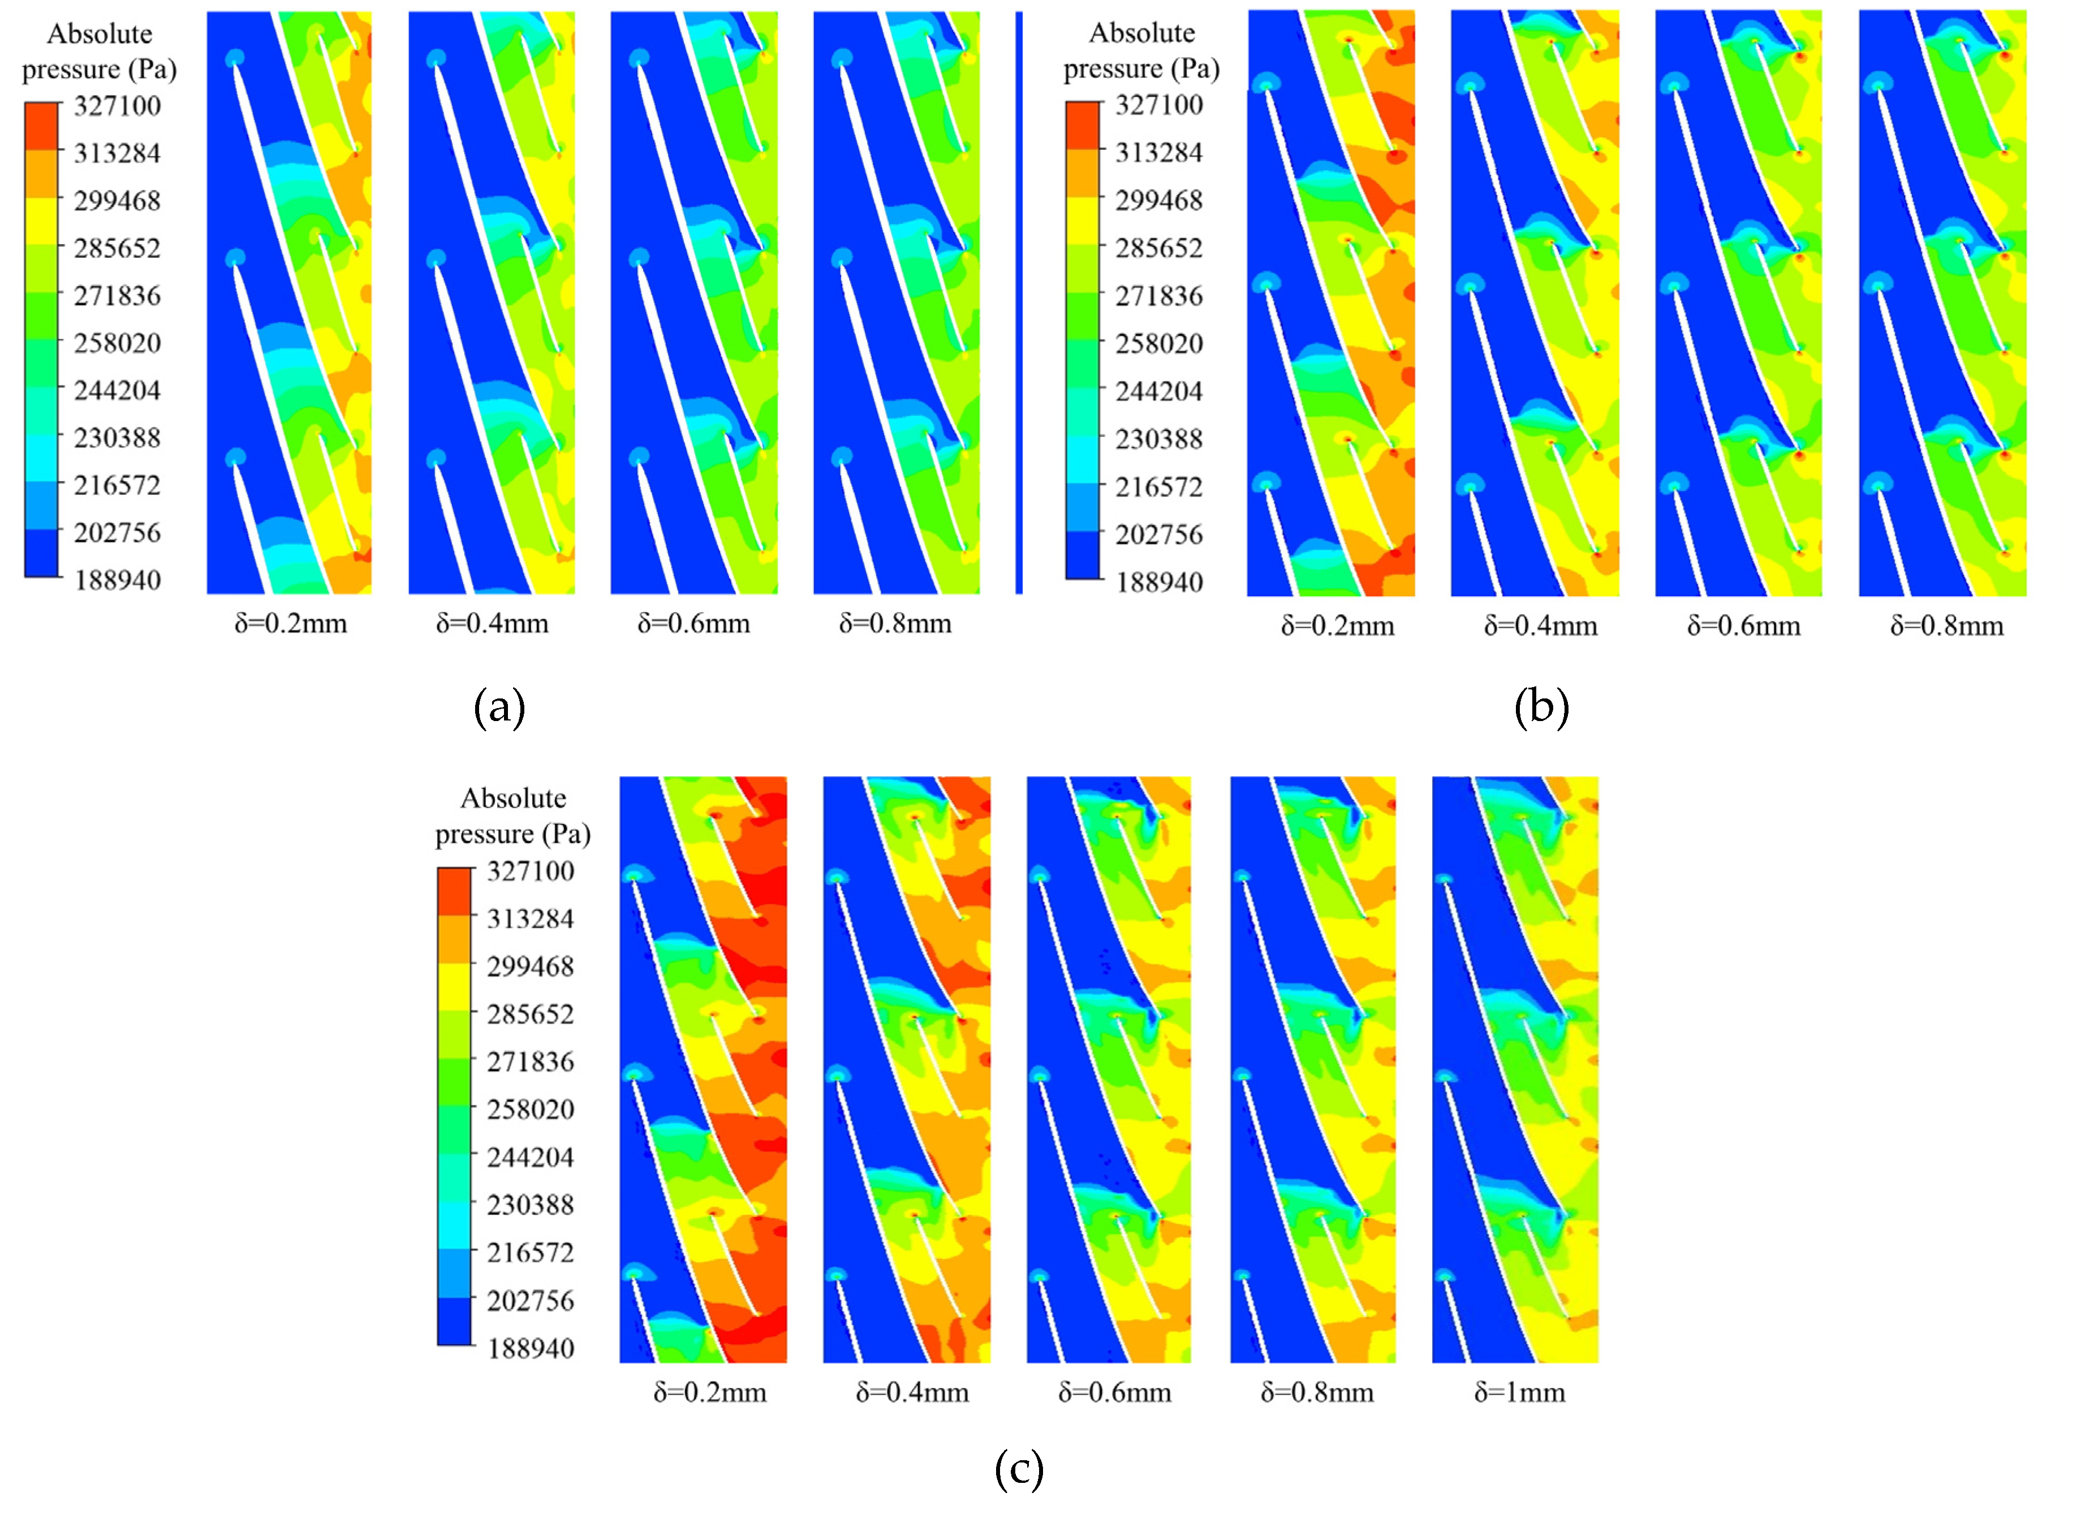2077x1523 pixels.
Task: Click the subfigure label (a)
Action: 499,708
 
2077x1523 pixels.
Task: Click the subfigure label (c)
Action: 1019,1469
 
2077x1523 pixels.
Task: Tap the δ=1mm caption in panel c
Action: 1519,1392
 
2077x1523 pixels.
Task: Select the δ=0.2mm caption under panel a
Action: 290,624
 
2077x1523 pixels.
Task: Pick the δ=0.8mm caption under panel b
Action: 1946,626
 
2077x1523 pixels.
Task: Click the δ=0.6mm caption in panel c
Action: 1114,1392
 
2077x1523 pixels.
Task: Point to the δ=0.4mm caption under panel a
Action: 492,624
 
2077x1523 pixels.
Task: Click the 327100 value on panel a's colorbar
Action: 117,106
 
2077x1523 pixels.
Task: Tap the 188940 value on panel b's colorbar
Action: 1159,582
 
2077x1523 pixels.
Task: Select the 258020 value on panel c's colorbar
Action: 530,1109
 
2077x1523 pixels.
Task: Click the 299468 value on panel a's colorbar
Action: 117,201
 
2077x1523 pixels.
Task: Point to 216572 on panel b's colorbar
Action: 1159,487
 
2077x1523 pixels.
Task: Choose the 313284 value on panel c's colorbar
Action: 530,918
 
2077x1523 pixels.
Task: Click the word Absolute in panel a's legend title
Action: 100,34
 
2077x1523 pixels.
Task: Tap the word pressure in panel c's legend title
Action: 484,834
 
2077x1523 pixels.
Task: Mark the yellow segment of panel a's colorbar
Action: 41,221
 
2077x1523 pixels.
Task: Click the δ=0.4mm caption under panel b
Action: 1540,626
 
